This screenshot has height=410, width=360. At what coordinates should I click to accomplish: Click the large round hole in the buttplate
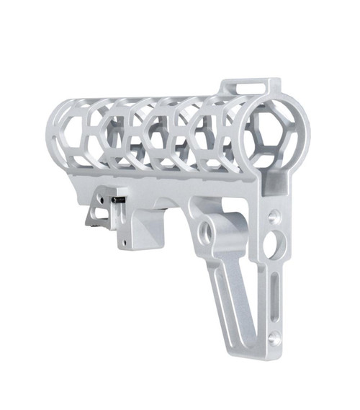[271, 244]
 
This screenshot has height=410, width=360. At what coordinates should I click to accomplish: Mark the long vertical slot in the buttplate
[273, 295]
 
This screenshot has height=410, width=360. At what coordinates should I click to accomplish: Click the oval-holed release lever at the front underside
[94, 215]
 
